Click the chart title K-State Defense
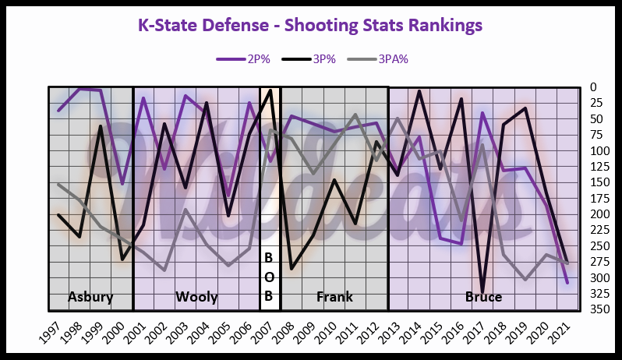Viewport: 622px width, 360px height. (x=310, y=25)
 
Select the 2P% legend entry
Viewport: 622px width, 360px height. (x=238, y=57)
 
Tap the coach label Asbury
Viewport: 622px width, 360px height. (x=90, y=297)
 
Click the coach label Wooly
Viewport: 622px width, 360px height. (x=196, y=297)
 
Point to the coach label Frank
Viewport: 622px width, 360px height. (x=334, y=297)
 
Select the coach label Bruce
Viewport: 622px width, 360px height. (x=483, y=297)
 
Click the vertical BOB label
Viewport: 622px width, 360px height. (x=269, y=276)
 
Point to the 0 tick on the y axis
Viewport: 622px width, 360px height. (x=592, y=87)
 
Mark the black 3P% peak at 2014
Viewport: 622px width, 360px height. (x=419, y=91)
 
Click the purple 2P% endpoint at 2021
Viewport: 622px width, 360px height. (x=567, y=282)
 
